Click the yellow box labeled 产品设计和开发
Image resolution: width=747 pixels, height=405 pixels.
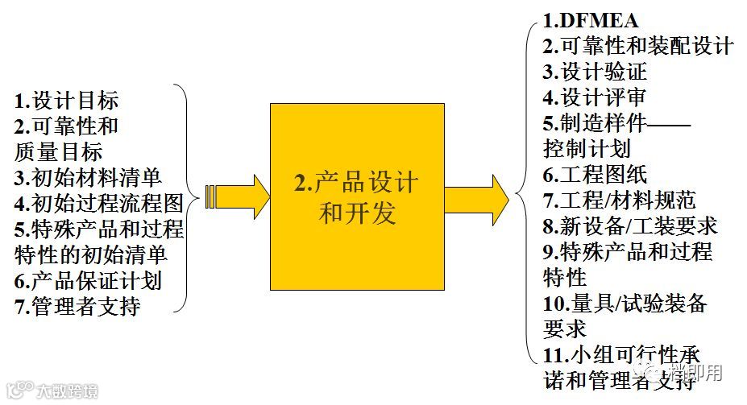pyautogui.click(x=357, y=196)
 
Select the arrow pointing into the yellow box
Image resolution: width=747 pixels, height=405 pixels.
pyautogui.click(x=239, y=196)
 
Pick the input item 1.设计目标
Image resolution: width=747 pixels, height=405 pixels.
pyautogui.click(x=67, y=101)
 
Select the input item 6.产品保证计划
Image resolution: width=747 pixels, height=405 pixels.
pyautogui.click(x=88, y=280)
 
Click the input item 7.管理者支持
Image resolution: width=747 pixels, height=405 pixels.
pyautogui.click(x=77, y=306)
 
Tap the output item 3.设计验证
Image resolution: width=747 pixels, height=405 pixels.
pyautogui.click(x=595, y=72)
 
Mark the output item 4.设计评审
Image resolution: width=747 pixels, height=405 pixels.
pyautogui.click(x=595, y=97)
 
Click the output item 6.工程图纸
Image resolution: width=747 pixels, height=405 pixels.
pyautogui.click(x=595, y=174)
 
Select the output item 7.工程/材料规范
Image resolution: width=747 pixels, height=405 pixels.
pyautogui.click(x=619, y=200)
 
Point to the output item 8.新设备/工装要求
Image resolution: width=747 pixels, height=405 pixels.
pyautogui.click(x=630, y=225)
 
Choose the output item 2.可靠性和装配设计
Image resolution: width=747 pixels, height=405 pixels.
pyautogui.click(x=637, y=46)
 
